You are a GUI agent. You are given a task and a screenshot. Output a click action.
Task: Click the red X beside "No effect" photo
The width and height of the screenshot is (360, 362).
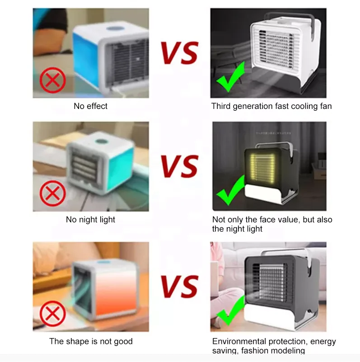(52, 80)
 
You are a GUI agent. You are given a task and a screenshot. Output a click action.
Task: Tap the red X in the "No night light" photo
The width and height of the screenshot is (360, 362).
(52, 194)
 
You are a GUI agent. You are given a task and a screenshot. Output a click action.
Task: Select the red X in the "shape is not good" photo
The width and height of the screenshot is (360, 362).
(52, 313)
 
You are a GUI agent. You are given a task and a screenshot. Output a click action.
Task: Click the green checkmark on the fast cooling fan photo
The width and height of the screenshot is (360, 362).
(230, 78)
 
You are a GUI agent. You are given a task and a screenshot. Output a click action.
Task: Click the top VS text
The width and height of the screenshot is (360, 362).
(180, 53)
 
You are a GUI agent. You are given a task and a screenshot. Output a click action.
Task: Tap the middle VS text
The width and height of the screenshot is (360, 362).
(180, 166)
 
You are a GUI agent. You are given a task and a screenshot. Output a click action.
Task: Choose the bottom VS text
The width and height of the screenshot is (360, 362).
(180, 287)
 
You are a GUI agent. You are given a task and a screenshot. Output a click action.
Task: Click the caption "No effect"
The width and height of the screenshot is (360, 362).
(91, 106)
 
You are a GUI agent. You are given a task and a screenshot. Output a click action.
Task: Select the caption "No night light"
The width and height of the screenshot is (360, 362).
(91, 220)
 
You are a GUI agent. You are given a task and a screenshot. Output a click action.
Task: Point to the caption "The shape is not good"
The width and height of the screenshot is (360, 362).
(91, 341)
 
